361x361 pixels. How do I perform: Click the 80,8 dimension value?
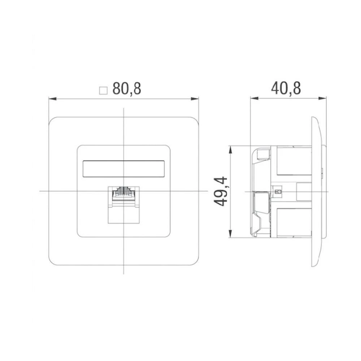[x=126, y=88]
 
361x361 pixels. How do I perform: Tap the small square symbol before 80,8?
[x=104, y=90]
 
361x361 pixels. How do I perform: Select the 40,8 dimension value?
[x=286, y=88]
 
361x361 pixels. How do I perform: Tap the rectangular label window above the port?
[x=123, y=169]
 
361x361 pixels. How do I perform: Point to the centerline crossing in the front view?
[x=123, y=191]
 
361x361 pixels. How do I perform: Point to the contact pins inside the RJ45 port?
[x=123, y=190]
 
